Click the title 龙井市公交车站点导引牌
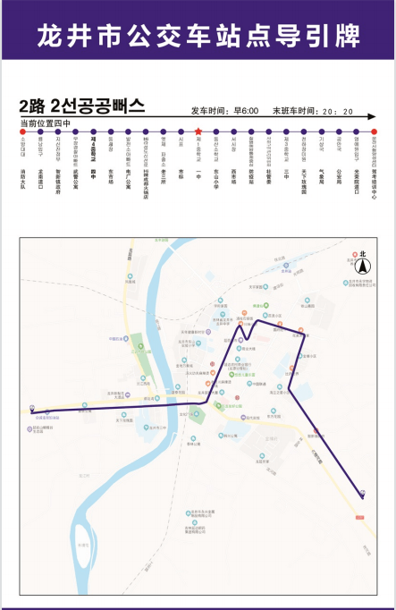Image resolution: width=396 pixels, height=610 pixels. pos(198,35)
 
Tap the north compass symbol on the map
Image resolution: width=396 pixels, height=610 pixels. pos(363,265)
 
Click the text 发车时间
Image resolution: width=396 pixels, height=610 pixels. pos(206,112)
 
